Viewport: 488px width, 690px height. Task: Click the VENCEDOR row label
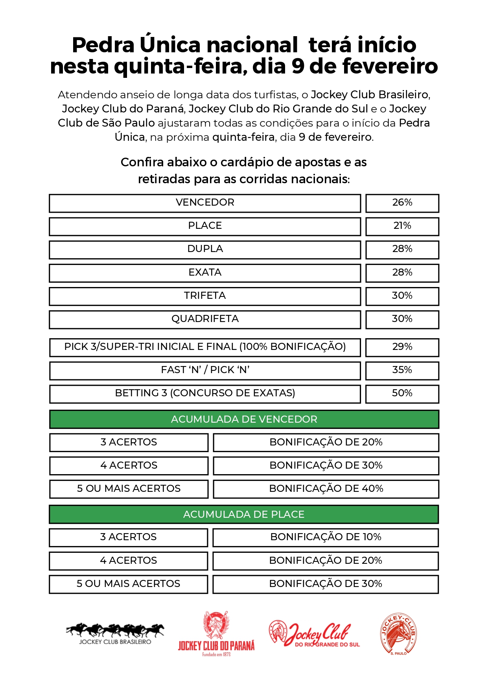pos(205,203)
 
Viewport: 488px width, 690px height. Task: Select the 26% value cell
pos(402,203)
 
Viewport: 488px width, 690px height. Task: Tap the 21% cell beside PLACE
pos(402,226)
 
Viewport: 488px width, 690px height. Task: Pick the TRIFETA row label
pos(205,296)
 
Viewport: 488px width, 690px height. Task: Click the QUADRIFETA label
pos(205,319)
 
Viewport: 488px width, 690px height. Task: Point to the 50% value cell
pos(402,394)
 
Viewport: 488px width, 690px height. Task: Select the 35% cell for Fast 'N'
pos(402,370)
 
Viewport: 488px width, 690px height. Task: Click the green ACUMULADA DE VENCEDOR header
pos(244,420)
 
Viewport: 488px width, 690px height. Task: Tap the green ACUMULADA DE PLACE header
pos(244,515)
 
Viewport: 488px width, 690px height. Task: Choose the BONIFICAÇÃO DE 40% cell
pos(326,489)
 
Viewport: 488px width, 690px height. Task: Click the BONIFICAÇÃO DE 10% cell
pos(326,537)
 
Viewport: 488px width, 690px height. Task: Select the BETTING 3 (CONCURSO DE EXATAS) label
pos(205,394)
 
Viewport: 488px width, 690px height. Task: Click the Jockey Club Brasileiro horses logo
pos(115,633)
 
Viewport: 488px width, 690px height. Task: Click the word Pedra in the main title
pos(103,45)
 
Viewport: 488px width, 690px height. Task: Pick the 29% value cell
pos(402,347)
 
